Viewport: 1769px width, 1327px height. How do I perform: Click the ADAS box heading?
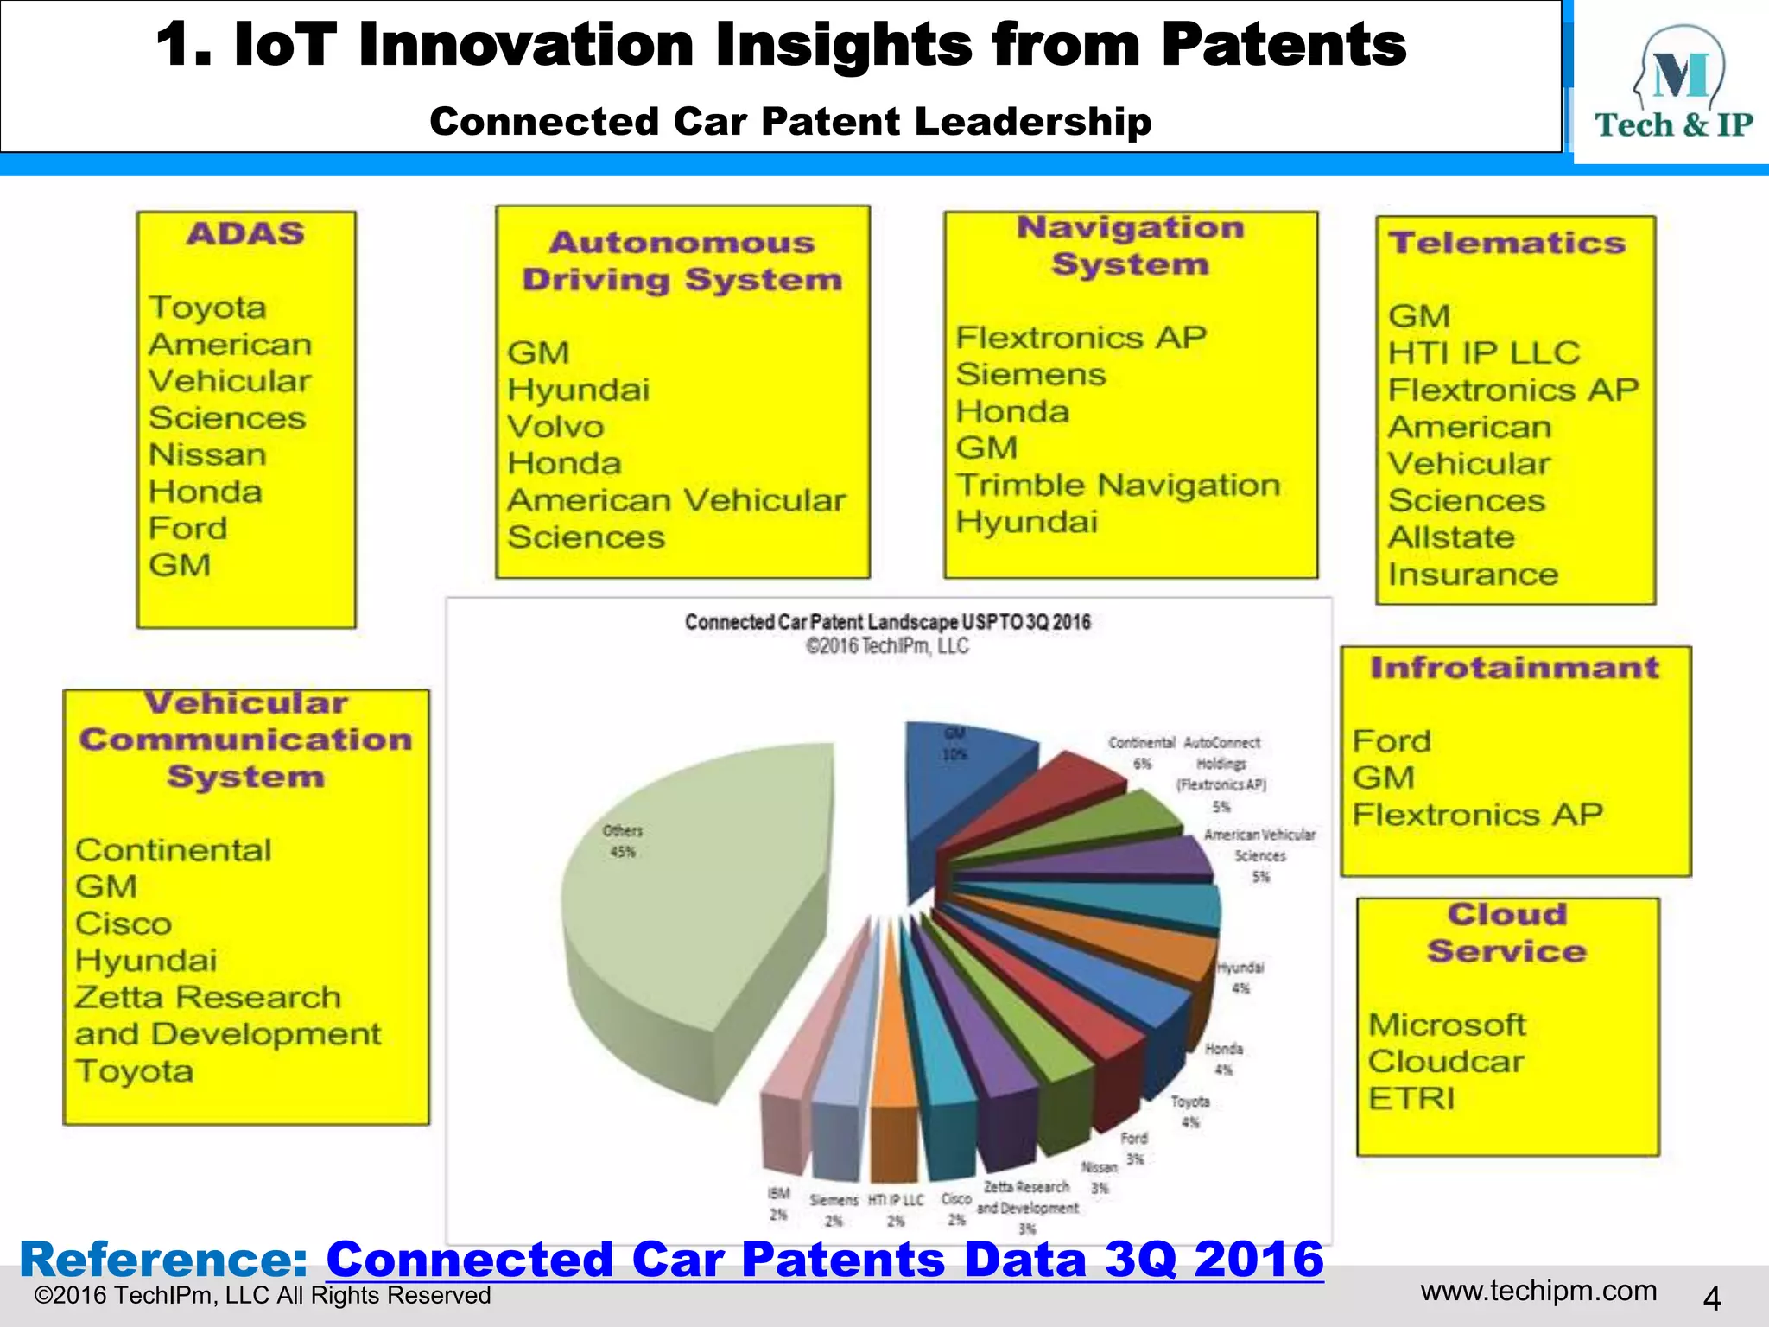coord(245,234)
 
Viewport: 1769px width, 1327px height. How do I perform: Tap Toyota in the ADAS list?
coord(207,308)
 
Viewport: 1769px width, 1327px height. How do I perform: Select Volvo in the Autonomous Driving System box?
coord(555,427)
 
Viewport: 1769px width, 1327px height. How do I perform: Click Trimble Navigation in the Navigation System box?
coord(1118,486)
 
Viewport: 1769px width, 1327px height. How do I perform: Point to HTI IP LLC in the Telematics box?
coord(1484,353)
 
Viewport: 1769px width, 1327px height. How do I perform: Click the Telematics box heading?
coord(1507,244)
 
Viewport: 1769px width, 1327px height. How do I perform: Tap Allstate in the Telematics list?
coord(1451,537)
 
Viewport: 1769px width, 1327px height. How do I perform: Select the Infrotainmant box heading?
coord(1515,668)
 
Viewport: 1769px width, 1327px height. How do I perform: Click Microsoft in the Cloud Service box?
coord(1447,1025)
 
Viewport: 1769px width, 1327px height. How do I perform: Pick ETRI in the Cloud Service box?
coord(1411,1098)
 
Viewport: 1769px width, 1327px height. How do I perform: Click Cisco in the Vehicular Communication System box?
coord(124,924)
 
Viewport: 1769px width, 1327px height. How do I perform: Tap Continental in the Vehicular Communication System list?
coord(173,850)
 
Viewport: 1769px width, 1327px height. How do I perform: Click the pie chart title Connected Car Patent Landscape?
coord(887,622)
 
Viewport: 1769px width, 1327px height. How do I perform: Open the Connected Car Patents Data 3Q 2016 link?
coord(825,1259)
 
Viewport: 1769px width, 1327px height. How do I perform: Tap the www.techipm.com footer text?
coord(1538,1291)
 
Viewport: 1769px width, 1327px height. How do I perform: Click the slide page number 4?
coord(1711,1298)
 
